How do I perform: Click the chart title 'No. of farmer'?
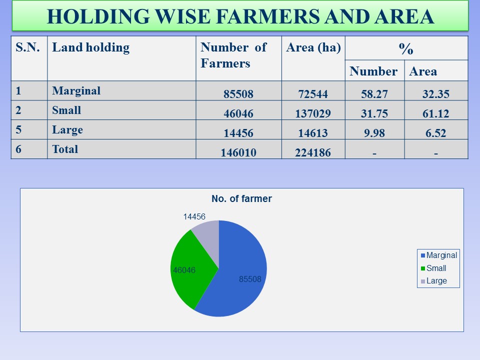pos(241,198)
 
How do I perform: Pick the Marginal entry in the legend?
pos(438,255)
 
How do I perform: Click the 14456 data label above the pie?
pos(194,216)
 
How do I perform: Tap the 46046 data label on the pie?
pos(184,270)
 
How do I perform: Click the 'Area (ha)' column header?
pos(313,48)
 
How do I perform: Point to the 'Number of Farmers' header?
pos(233,55)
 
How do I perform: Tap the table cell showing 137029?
pos(313,114)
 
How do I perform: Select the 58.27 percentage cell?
pos(374,94)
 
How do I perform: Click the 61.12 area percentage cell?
pos(434,114)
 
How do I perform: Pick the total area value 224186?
pos(313,153)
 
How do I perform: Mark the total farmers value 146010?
pos(238,153)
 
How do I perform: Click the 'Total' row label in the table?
pos(65,149)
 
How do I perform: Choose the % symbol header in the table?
pos(406,48)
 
